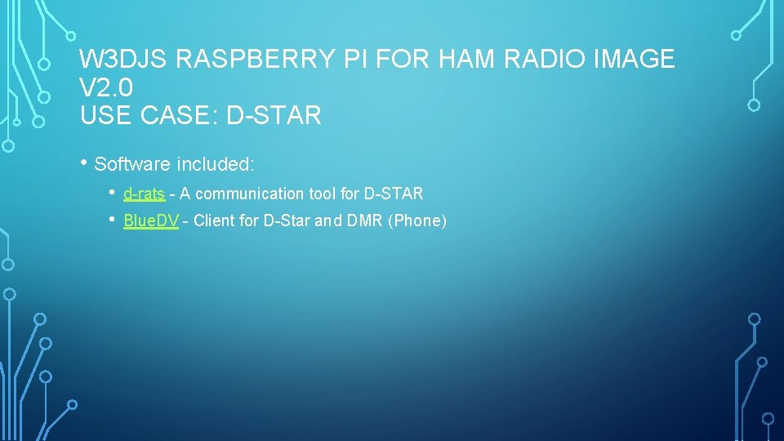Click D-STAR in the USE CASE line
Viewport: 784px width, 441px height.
click(x=274, y=116)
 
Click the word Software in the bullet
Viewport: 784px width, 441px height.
click(x=131, y=164)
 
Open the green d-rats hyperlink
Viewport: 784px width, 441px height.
click(x=144, y=194)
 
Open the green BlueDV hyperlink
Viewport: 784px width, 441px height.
click(x=150, y=221)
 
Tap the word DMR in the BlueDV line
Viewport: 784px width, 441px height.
click(x=365, y=221)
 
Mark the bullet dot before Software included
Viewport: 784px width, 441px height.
click(x=85, y=162)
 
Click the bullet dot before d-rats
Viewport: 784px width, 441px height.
click(x=112, y=193)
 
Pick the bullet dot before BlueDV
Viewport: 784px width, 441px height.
click(x=112, y=220)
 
